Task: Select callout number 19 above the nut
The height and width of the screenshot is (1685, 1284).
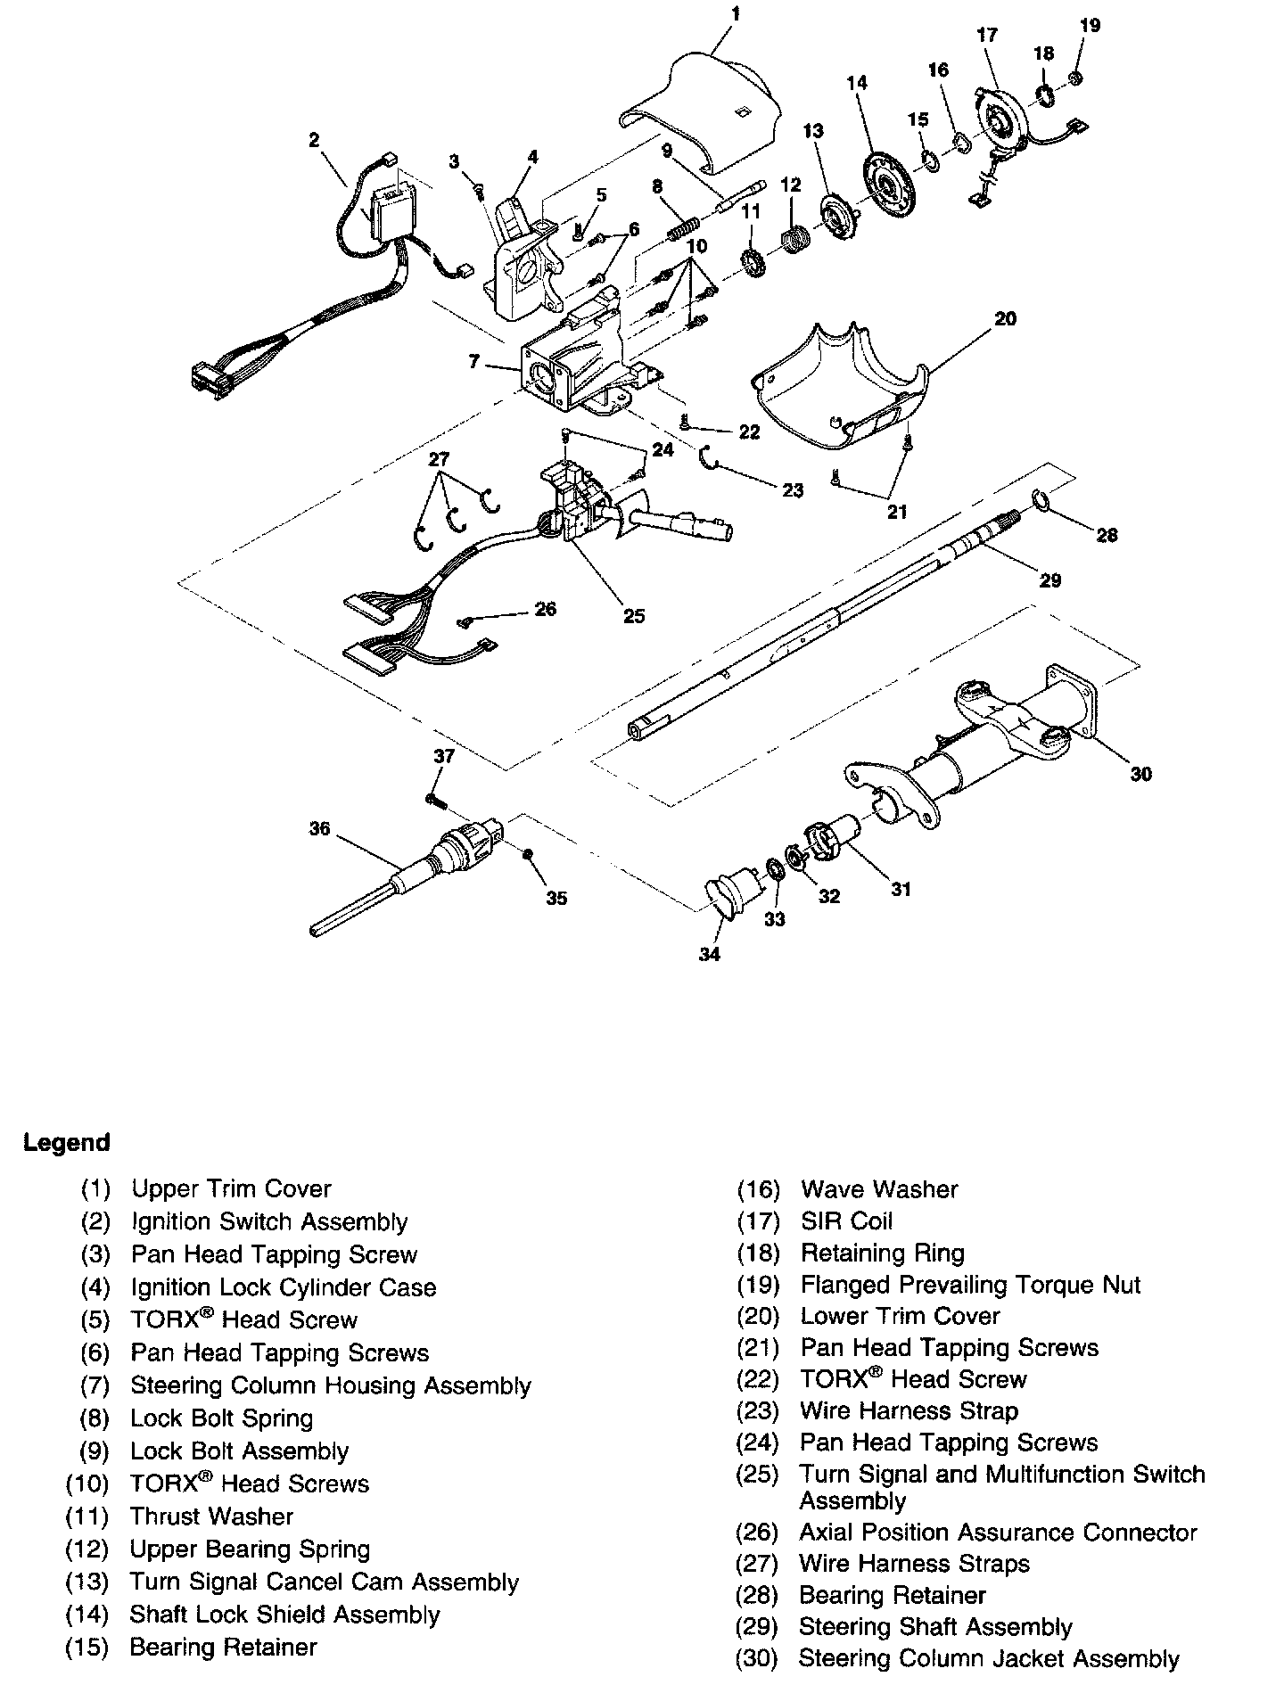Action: (x=1090, y=26)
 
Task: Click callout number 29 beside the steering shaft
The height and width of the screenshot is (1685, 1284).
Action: (x=1050, y=580)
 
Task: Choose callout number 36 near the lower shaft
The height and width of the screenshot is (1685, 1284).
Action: (x=319, y=828)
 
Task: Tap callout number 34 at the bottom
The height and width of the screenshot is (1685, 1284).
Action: (x=709, y=954)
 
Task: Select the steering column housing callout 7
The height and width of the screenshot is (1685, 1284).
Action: (x=474, y=362)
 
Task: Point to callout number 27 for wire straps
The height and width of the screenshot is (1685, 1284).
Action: (x=439, y=459)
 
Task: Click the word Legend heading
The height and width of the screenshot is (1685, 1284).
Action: (x=67, y=1142)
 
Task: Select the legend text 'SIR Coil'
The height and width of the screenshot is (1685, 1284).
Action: (x=846, y=1221)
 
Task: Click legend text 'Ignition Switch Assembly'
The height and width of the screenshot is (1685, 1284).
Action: (x=269, y=1221)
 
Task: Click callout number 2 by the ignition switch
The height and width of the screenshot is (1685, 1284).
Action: (x=314, y=139)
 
